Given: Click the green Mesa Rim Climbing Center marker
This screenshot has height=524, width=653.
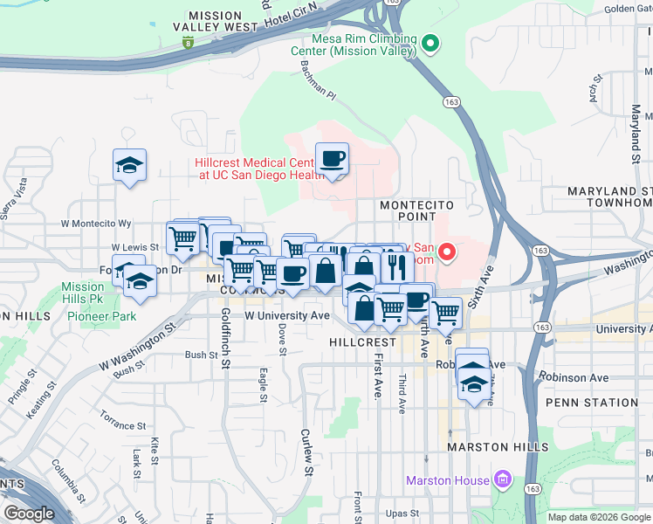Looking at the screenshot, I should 430,43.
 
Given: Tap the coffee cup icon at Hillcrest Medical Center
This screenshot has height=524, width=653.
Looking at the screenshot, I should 332,159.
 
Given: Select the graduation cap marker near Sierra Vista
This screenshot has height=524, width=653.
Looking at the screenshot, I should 129,165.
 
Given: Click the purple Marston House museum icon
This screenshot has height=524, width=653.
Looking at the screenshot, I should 501,479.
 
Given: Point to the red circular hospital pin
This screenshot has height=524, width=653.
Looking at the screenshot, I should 447,254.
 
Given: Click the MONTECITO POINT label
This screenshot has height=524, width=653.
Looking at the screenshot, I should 416,210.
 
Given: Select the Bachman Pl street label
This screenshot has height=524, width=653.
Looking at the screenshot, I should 318,79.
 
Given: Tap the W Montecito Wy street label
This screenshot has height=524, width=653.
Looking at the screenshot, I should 96,224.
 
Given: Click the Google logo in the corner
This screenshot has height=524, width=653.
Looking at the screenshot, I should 30,513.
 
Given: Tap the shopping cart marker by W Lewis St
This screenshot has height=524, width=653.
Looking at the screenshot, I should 182,238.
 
